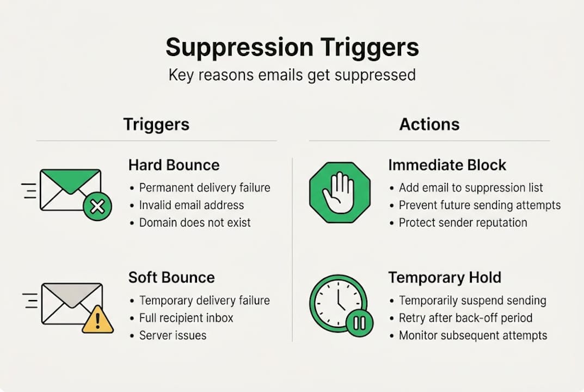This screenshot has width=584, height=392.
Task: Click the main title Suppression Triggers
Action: click(x=292, y=47)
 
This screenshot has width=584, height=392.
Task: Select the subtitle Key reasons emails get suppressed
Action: click(x=292, y=75)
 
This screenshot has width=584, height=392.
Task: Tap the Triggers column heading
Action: click(x=156, y=124)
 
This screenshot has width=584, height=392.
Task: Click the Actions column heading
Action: click(x=429, y=124)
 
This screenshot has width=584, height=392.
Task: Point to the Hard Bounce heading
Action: click(x=174, y=166)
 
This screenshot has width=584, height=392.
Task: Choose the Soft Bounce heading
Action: click(x=171, y=277)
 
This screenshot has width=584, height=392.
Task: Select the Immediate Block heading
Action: click(x=447, y=166)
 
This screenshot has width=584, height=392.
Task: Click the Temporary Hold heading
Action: click(x=444, y=277)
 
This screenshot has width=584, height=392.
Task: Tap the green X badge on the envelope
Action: click(x=97, y=207)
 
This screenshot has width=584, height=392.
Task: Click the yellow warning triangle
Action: click(x=98, y=320)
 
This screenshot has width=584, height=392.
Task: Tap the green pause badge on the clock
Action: click(x=359, y=323)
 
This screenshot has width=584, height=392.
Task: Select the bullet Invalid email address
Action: click(x=192, y=205)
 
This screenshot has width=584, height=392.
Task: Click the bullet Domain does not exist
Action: click(x=195, y=223)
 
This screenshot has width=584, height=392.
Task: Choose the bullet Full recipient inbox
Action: click(x=186, y=318)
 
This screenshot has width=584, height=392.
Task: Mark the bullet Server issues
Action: click(x=173, y=335)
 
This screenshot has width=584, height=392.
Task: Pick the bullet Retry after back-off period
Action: click(x=465, y=318)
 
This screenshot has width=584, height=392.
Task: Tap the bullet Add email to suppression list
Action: click(x=471, y=188)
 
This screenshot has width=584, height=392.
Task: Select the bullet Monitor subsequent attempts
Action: click(x=472, y=335)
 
